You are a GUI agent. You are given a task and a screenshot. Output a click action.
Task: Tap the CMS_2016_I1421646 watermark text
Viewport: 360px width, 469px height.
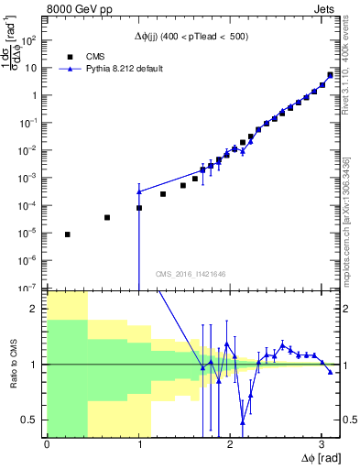[190, 273]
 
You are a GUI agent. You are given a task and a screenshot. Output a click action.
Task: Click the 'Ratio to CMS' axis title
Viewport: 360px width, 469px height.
[13, 364]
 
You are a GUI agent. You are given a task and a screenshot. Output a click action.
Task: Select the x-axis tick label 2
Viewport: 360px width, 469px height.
[230, 444]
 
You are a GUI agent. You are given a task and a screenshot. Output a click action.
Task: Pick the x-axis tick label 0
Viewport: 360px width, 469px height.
[47, 444]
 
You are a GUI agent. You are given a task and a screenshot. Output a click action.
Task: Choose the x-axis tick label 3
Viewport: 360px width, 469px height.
[322, 444]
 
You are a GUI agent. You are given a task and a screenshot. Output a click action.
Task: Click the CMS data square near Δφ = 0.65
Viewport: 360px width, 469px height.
[107, 218]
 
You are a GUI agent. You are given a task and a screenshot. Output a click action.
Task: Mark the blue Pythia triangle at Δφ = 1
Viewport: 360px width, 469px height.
[139, 191]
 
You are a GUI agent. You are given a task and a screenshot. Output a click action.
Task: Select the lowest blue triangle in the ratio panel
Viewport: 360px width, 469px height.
[243, 421]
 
